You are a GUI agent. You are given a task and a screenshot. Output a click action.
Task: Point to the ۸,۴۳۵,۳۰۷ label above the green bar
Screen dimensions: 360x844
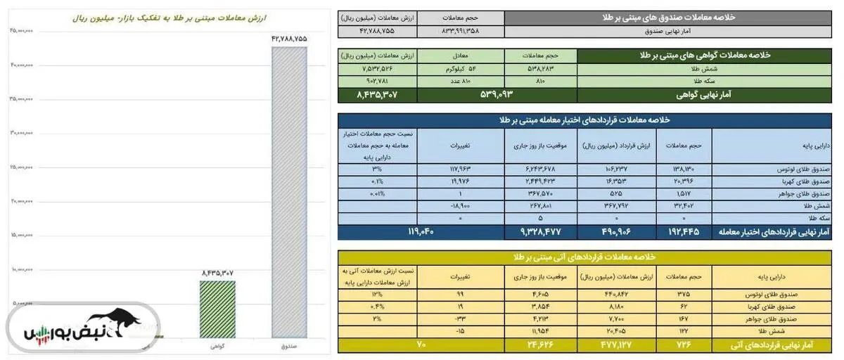(217, 272)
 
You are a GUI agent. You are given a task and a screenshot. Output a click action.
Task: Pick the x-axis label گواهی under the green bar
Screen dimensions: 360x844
(217, 346)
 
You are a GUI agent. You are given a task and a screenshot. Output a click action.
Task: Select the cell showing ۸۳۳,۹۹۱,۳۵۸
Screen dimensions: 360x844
(461, 32)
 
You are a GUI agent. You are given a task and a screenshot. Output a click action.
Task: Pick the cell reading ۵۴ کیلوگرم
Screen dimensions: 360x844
(461, 68)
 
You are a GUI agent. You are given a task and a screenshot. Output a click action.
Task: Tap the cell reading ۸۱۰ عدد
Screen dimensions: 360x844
(461, 81)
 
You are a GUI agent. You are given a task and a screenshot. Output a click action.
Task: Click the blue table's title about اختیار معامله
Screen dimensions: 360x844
(584, 120)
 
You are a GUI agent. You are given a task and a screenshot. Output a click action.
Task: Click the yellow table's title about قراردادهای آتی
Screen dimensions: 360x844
(584, 257)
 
